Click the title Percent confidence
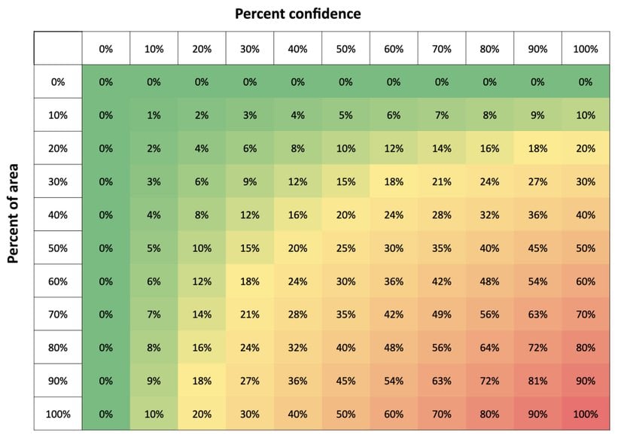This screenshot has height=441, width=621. coord(297,14)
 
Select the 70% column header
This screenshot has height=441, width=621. coord(441,49)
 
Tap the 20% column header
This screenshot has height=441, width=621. coord(202,49)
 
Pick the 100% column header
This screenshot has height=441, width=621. coord(585,49)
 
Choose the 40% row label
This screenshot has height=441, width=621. coord(58,214)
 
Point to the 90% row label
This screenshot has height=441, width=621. coord(58,380)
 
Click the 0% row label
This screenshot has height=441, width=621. coord(58,82)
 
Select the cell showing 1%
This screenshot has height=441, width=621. coord(154,115)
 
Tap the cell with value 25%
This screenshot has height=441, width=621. coord(346,248)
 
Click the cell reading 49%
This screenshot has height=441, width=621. coord(441,314)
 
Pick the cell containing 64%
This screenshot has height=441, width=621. coord(489,347)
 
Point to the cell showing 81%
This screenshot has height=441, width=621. coord(537,380)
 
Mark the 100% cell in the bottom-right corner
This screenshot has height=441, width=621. coord(585,413)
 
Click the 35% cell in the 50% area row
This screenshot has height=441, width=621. coord(441,248)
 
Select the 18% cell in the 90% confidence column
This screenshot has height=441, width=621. coord(537,148)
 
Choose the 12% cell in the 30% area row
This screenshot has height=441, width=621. coord(297,181)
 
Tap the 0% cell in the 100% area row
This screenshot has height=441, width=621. coord(105,413)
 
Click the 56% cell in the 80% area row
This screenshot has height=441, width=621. coord(441,347)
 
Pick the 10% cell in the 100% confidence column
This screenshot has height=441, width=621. coord(585,115)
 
